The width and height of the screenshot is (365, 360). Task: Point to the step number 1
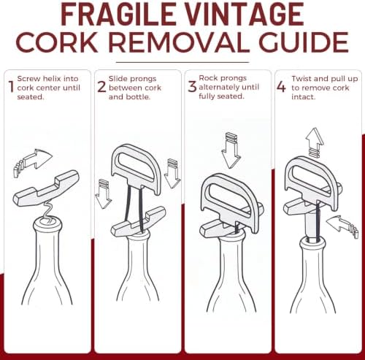[11, 87]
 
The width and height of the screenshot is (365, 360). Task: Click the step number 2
[101, 87]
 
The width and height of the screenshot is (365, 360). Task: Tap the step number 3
[192, 86]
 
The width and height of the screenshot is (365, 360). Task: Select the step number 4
[282, 87]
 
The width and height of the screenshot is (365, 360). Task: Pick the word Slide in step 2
[116, 79]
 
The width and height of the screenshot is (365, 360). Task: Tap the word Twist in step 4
[301, 79]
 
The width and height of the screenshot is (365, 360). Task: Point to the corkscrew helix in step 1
[47, 210]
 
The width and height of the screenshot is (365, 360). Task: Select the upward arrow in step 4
[315, 142]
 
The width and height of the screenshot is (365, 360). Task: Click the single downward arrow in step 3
[231, 152]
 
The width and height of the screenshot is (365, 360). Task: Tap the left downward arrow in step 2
[104, 195]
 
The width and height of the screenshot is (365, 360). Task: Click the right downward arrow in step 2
[172, 174]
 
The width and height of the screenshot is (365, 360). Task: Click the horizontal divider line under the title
[182, 62]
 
